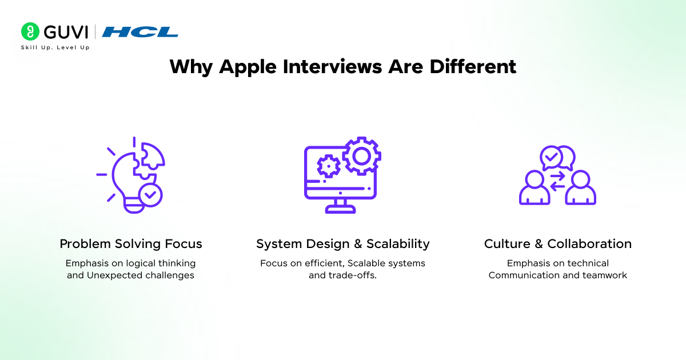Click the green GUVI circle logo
(30, 31)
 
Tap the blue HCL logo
(140, 32)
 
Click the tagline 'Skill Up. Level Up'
(55, 47)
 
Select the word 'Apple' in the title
(248, 67)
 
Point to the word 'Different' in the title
(473, 66)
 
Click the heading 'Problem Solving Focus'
(131, 244)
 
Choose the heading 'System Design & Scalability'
(343, 244)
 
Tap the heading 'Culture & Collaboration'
(558, 244)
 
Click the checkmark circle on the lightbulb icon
(150, 195)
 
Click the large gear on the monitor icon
(362, 156)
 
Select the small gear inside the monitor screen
(329, 166)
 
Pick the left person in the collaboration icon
(535, 187)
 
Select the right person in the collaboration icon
(581, 187)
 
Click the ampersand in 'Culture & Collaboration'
(539, 244)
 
